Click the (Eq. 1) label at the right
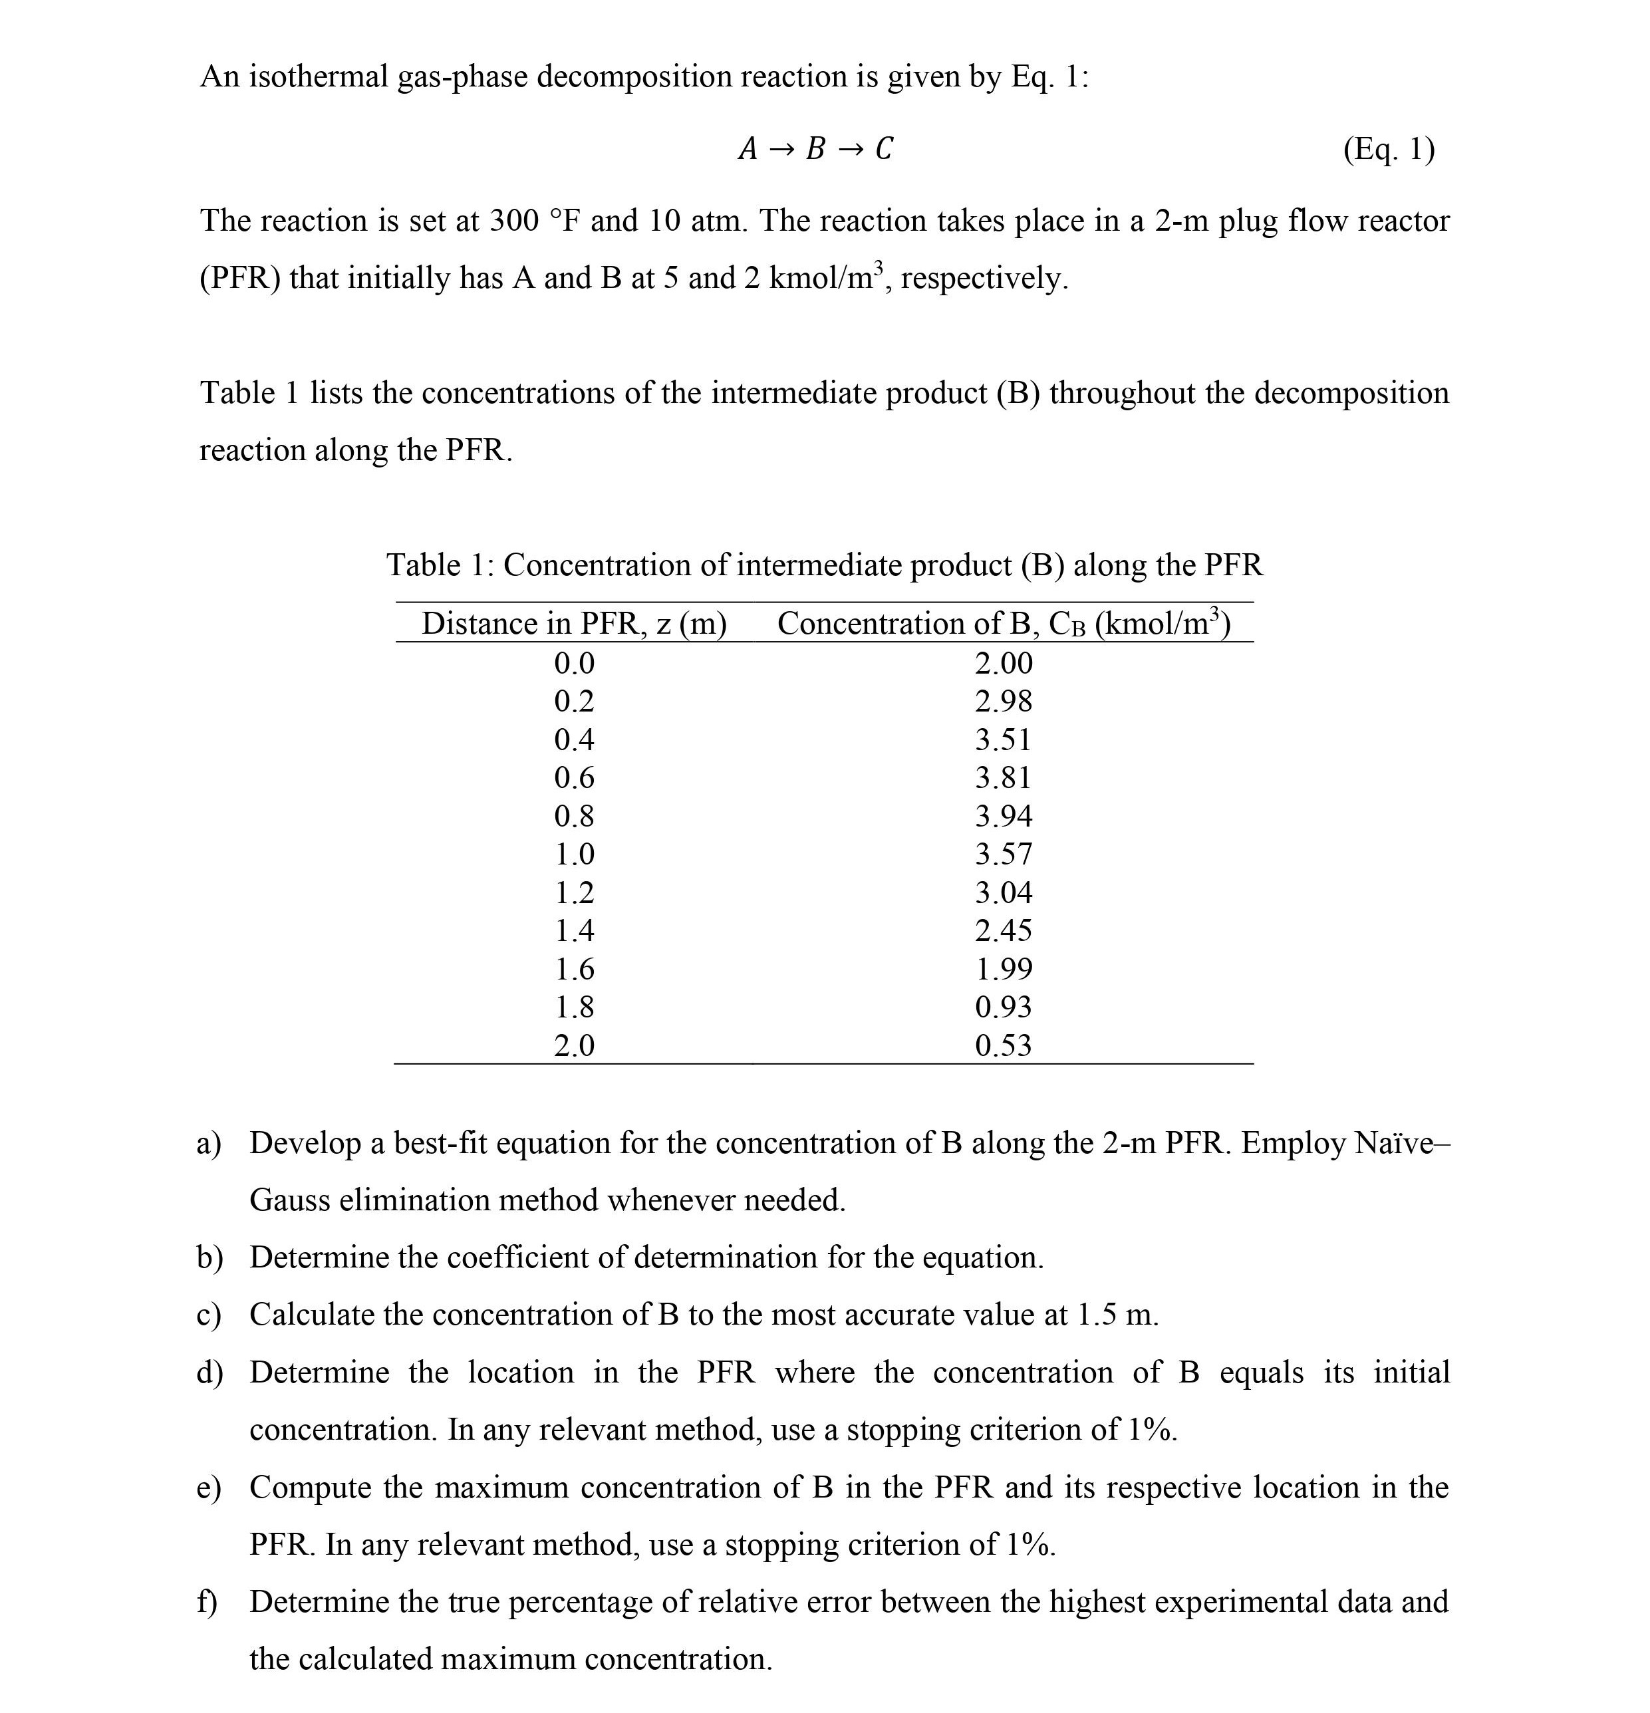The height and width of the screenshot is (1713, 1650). pyautogui.click(x=1388, y=150)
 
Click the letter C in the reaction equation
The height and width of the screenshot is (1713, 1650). pyautogui.click(x=884, y=150)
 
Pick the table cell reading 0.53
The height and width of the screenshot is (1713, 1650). pyautogui.click(x=1004, y=1045)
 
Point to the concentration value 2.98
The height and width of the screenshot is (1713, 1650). pyautogui.click(x=1004, y=701)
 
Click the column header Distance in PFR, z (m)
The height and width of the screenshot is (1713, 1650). pyautogui.click(x=574, y=624)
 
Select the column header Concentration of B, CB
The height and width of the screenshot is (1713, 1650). pyautogui.click(x=1004, y=624)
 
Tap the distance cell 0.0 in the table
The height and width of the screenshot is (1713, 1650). pyautogui.click(x=574, y=664)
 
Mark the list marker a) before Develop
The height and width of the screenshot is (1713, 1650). pyautogui.click(x=208, y=1143)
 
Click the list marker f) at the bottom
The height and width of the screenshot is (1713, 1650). pyautogui.click(x=206, y=1602)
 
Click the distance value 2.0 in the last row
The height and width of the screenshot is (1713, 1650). pyautogui.click(x=574, y=1045)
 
